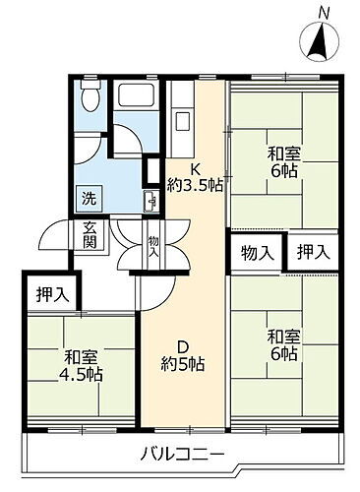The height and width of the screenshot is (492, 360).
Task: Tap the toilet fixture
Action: (90, 97)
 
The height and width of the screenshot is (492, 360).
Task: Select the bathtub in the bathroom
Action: (135, 96)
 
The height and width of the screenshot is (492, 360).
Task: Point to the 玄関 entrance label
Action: (90, 236)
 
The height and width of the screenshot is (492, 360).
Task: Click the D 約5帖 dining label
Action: (184, 355)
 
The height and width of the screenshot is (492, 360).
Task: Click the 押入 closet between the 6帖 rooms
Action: (314, 251)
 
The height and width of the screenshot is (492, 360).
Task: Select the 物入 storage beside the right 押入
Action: (257, 251)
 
